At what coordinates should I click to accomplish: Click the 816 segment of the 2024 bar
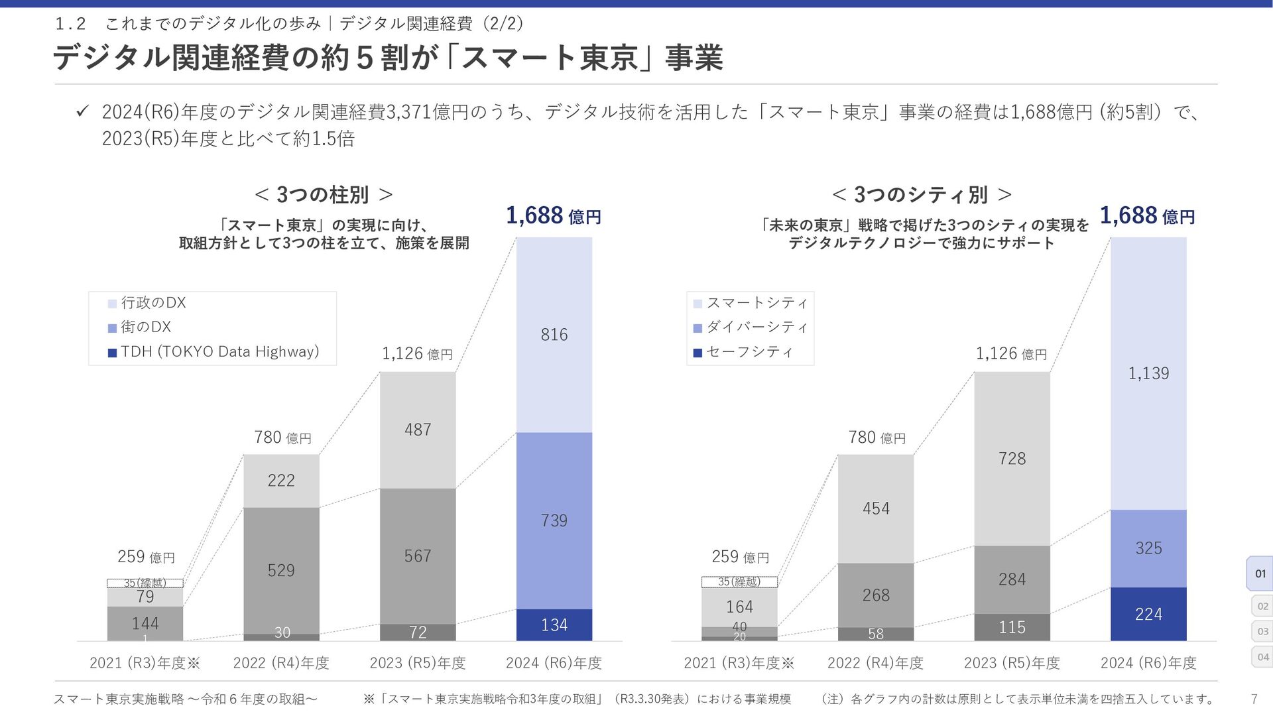[x=554, y=335]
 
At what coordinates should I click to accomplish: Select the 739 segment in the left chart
[x=554, y=520]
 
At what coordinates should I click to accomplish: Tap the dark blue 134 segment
[x=554, y=625]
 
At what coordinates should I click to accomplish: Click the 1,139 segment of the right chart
[x=1148, y=373]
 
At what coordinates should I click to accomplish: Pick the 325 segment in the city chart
[x=1148, y=548]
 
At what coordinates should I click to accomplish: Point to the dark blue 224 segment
[x=1148, y=614]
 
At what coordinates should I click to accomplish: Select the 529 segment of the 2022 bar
[x=281, y=570]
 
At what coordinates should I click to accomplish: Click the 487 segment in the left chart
[x=418, y=430]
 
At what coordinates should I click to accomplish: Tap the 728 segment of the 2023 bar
[x=1012, y=458]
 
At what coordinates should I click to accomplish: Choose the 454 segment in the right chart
[x=876, y=508]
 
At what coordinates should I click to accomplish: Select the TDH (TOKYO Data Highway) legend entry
[x=213, y=352]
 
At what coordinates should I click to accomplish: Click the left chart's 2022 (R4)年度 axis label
[x=281, y=663]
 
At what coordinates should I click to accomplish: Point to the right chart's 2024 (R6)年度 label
[x=1148, y=663]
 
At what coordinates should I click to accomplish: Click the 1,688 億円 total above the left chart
[x=554, y=215]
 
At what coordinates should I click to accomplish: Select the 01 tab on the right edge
[x=1260, y=573]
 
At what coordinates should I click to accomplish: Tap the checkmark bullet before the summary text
[x=82, y=112]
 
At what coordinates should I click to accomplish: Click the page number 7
[x=1254, y=699]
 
